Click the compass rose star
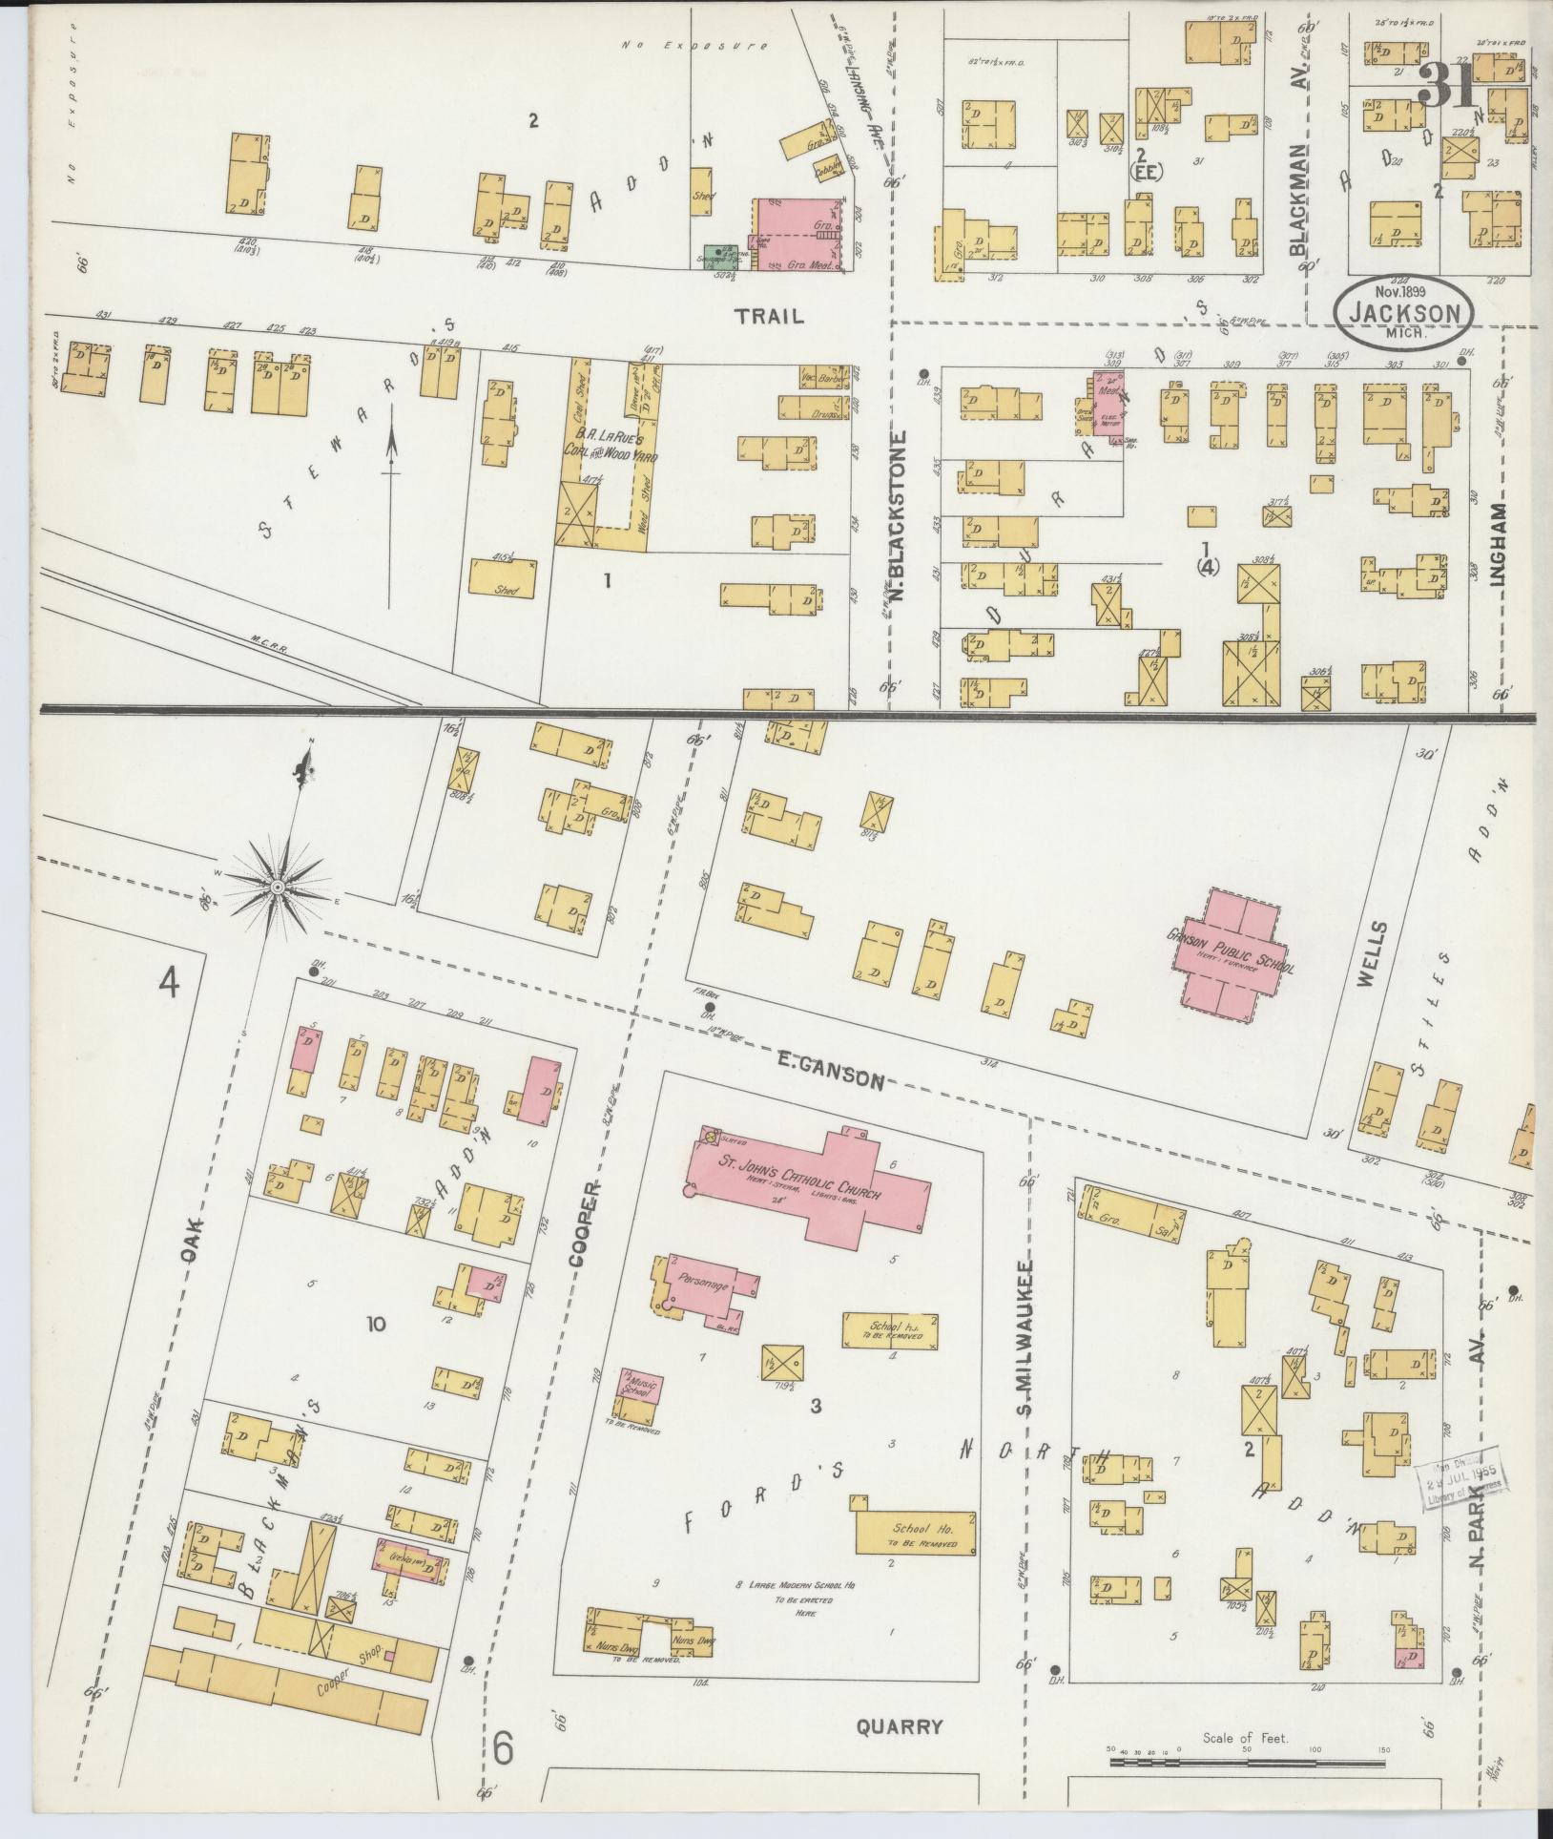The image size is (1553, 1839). point(277,888)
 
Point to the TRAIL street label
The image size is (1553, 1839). point(771,317)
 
